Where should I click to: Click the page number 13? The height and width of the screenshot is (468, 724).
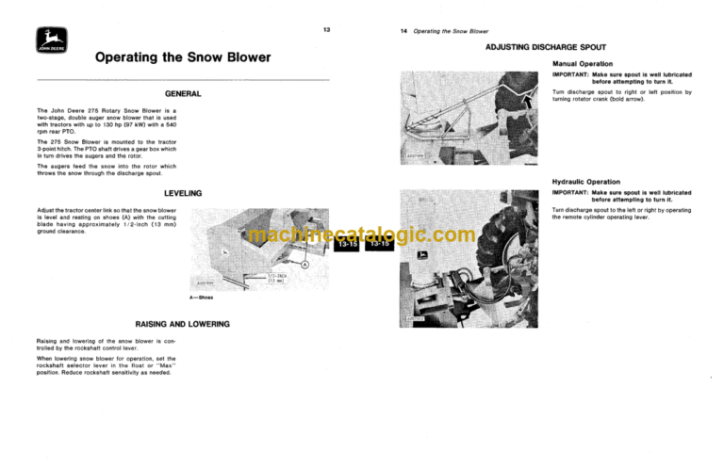pyautogui.click(x=325, y=31)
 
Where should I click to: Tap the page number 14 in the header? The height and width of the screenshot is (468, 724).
pyautogui.click(x=404, y=32)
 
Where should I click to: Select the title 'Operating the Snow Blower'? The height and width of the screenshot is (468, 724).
pyautogui.click(x=183, y=57)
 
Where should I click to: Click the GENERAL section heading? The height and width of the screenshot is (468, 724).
pyautogui.click(x=183, y=94)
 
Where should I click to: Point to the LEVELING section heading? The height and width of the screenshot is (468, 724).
pyautogui.click(x=183, y=193)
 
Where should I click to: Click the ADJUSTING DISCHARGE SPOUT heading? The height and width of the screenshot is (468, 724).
pyautogui.click(x=546, y=47)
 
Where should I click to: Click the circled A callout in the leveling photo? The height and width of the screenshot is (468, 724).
pyautogui.click(x=304, y=266)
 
